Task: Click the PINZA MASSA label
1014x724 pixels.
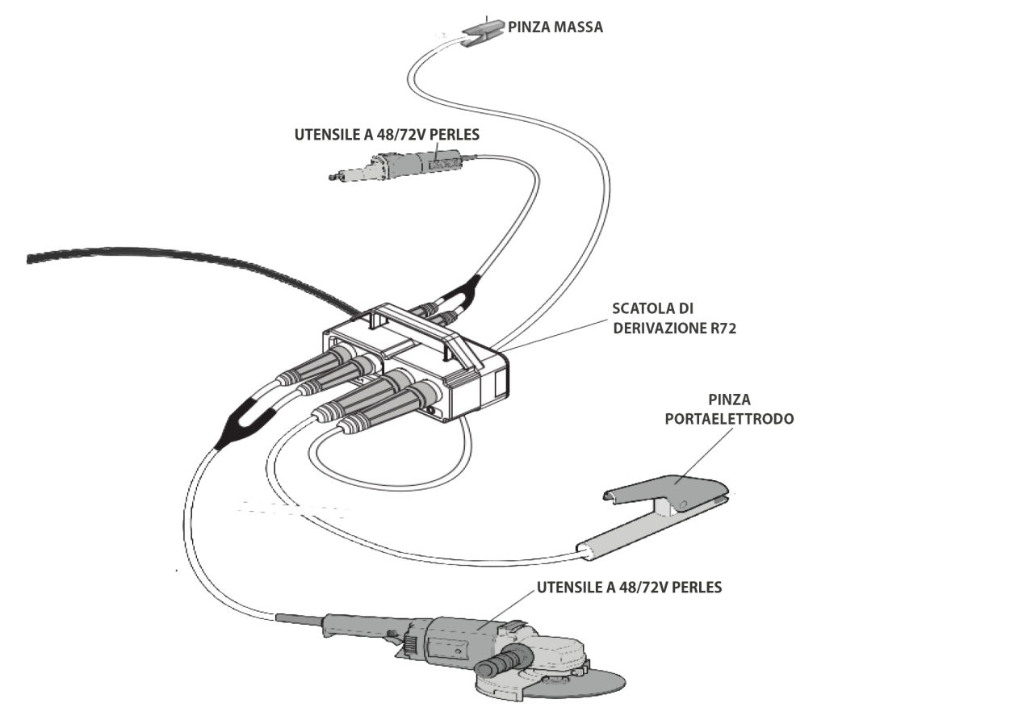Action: tap(555, 27)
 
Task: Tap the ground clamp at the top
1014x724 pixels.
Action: tap(483, 32)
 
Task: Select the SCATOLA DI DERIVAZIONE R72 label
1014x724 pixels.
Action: tap(674, 318)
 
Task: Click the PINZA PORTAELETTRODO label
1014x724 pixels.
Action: tap(729, 409)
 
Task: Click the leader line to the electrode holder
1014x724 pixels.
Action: tap(703, 456)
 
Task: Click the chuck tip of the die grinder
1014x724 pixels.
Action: tap(334, 177)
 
